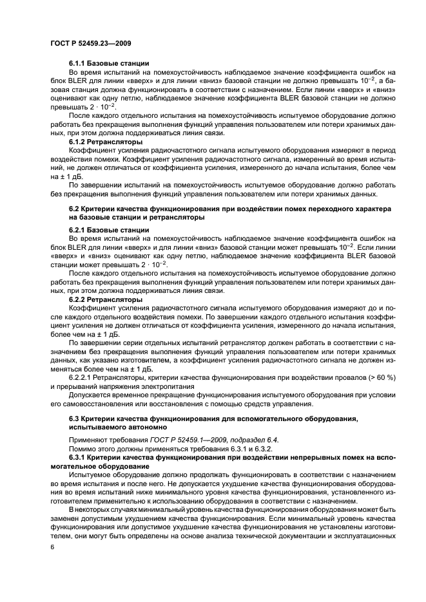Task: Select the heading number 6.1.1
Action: click(79, 63)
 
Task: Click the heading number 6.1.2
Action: click(79, 142)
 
